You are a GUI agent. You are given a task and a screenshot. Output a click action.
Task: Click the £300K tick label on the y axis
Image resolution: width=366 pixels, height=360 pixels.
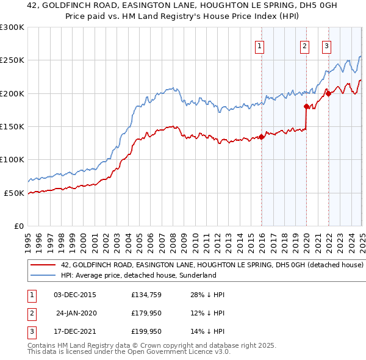click(x=12, y=27)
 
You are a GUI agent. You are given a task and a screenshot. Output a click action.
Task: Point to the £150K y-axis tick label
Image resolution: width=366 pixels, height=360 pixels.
click(x=12, y=127)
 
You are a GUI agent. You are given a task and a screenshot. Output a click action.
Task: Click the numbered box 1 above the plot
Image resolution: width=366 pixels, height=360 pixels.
click(x=260, y=46)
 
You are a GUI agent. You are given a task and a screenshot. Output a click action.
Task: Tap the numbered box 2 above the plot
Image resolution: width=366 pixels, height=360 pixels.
click(x=304, y=46)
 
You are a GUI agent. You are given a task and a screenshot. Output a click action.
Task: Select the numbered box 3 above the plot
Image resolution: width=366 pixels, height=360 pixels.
click(x=327, y=46)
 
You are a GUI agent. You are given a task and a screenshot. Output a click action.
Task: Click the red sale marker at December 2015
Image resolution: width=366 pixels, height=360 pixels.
click(x=262, y=137)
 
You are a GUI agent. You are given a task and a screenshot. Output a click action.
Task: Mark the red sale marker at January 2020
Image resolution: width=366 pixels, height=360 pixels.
click(x=306, y=107)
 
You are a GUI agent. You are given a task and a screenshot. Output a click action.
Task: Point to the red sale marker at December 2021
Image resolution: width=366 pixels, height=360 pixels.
click(x=328, y=93)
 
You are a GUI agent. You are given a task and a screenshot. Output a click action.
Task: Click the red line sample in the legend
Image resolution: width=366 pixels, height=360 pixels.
click(x=43, y=265)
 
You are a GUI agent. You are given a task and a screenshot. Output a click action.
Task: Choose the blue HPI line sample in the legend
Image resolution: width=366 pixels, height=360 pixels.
click(x=43, y=275)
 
